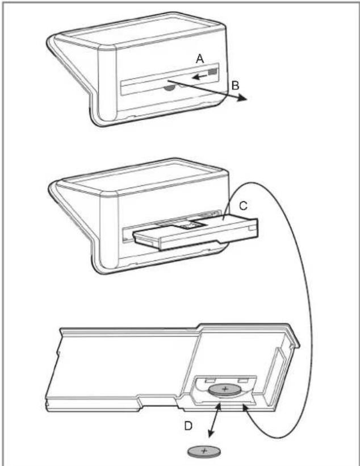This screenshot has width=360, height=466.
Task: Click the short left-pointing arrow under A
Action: coord(199,74)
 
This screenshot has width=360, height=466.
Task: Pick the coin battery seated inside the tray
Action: coord(225,390)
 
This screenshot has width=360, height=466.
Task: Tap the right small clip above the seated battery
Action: coord(242,378)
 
